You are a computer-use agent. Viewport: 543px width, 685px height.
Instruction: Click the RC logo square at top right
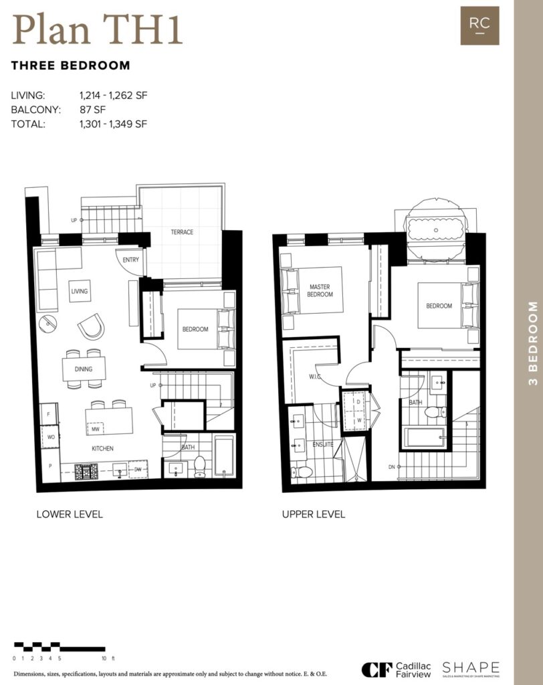click(479, 25)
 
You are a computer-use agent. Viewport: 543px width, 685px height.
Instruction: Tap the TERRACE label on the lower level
click(181, 232)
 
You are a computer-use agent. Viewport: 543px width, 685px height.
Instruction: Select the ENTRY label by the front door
click(131, 260)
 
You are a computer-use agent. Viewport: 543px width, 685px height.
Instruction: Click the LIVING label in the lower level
click(79, 292)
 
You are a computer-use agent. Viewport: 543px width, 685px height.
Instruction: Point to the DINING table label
click(84, 369)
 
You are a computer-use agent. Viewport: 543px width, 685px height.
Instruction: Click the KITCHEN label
click(103, 448)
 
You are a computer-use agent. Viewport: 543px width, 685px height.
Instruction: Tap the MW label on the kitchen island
click(96, 429)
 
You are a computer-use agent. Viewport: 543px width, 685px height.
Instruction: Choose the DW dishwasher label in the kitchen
click(138, 470)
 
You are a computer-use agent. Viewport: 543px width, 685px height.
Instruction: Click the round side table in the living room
click(48, 323)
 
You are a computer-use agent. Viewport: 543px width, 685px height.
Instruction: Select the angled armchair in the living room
click(91, 327)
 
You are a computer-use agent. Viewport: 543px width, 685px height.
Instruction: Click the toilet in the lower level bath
click(199, 467)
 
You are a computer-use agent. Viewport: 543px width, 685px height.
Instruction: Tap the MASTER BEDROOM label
click(320, 290)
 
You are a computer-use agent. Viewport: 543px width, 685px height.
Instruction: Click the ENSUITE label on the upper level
click(322, 444)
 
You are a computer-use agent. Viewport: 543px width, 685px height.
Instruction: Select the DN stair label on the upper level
click(391, 467)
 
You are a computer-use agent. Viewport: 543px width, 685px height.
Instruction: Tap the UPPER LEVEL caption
click(314, 514)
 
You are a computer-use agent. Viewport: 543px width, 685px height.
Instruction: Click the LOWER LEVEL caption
click(70, 514)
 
